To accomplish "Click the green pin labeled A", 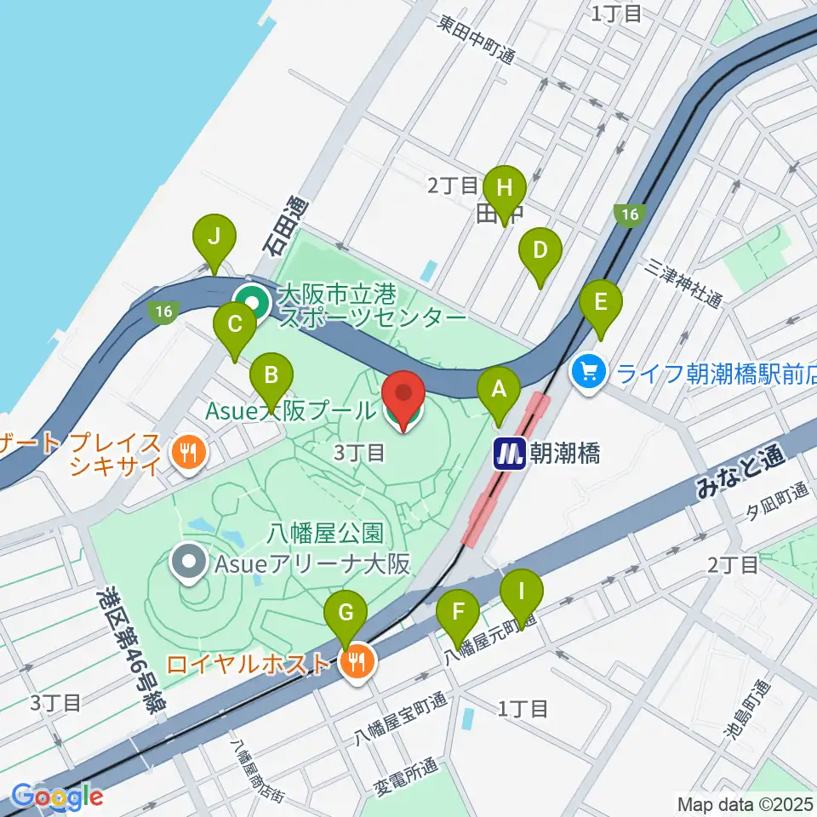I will pyautogui.click(x=499, y=391).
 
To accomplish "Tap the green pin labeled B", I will pyautogui.click(x=271, y=375).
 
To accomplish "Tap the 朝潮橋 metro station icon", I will pyautogui.click(x=511, y=454).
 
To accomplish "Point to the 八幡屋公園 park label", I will pyautogui.click(x=323, y=534).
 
